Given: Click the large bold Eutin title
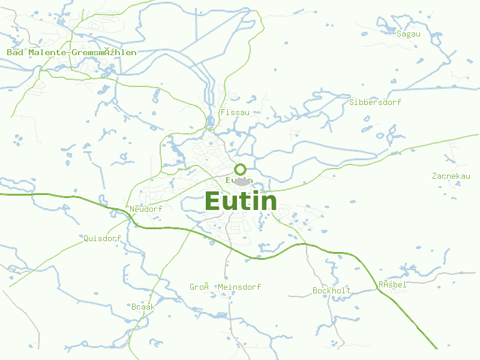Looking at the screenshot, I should (241, 201).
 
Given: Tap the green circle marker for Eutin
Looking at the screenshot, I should (241, 169).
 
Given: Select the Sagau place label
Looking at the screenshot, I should (408, 34).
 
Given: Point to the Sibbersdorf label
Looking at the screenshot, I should (375, 102).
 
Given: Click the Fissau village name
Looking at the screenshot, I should (235, 112).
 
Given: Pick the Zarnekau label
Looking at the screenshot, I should (451, 176).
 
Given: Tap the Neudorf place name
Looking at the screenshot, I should (146, 209).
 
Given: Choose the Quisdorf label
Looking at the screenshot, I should (102, 238).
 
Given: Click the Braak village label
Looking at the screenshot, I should (143, 307).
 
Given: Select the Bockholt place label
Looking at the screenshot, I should (331, 290).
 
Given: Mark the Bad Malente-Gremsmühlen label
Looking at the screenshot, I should (71, 52).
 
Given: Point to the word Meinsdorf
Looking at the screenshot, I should (239, 287).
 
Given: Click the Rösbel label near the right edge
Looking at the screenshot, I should (392, 284).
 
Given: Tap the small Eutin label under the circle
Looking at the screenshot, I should (239, 180).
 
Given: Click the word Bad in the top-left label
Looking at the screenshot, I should (14, 52).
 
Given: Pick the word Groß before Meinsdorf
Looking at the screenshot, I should (199, 287).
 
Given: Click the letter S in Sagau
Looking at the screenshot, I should (399, 34).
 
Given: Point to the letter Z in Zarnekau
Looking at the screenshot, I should (434, 176).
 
